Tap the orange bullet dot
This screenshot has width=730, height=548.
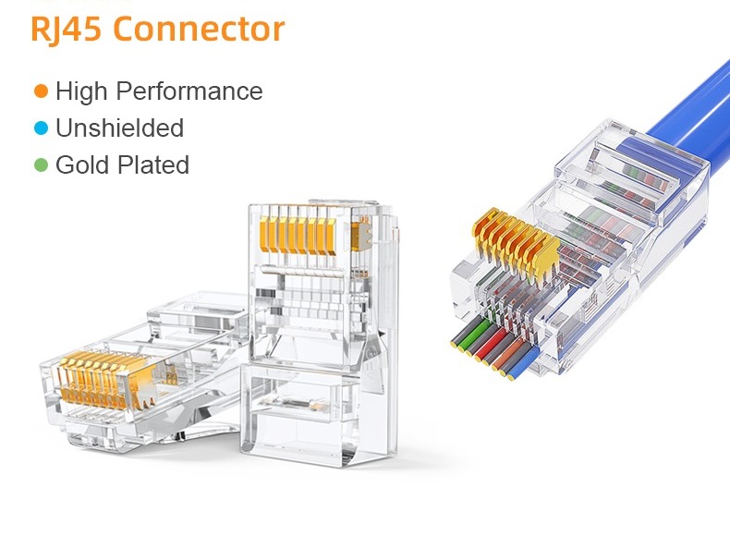(x=41, y=91)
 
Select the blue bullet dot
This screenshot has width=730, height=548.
(x=41, y=128)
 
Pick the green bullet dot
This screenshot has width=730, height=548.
(x=41, y=164)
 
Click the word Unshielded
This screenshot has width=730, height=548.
(x=119, y=128)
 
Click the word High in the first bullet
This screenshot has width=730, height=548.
(x=80, y=91)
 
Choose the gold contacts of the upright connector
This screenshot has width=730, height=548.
(x=290, y=230)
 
